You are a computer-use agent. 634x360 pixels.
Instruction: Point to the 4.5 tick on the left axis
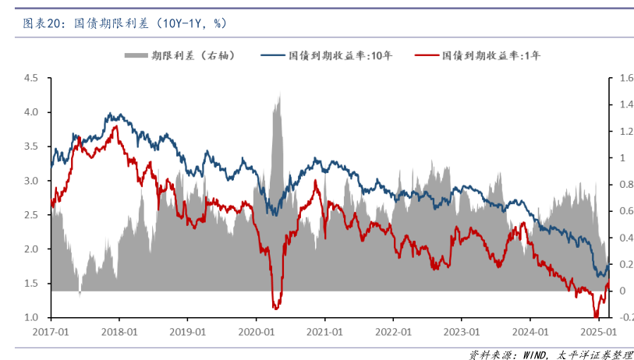tap(31, 78)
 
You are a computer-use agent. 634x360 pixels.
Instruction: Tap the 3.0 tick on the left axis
tap(31, 181)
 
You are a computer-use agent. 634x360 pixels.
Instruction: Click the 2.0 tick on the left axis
tap(31, 249)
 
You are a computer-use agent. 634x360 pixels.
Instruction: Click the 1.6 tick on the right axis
tap(621, 78)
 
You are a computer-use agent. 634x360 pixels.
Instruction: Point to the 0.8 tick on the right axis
tap(621, 185)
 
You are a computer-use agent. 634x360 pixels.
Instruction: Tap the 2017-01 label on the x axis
tap(51, 330)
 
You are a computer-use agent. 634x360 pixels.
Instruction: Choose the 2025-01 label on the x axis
tap(598, 330)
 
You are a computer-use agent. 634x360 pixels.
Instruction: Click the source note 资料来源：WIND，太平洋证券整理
tap(551, 355)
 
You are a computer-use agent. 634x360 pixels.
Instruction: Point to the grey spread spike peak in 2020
tap(279, 94)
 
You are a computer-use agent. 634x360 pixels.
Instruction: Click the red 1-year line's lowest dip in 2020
tap(275, 309)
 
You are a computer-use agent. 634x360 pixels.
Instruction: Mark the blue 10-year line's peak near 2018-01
tap(110, 114)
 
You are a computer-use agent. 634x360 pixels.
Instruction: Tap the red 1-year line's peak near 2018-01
tap(116, 126)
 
